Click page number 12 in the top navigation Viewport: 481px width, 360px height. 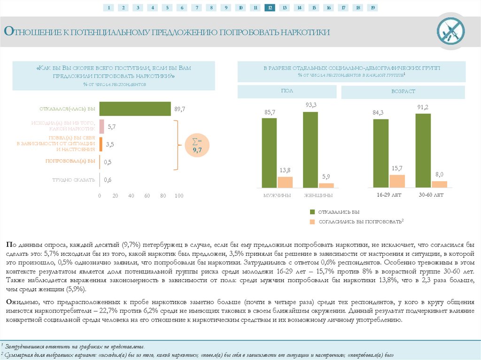(270, 8)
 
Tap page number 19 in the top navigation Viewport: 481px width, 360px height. (372, 8)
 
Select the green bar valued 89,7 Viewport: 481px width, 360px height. (135, 109)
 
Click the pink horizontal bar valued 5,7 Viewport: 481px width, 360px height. (101, 126)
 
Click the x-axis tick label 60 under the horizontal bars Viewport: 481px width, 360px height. (147, 196)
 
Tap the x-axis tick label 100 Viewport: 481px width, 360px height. (179, 196)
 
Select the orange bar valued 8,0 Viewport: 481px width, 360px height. (440, 184)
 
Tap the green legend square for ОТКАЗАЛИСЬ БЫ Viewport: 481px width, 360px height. (311, 212)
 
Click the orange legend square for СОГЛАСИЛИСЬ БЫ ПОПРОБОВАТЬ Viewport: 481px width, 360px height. (311, 221)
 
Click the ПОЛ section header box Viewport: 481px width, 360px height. (287, 92)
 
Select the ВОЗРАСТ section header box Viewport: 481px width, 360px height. (403, 92)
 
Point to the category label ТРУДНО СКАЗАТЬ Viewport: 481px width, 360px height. (74, 180)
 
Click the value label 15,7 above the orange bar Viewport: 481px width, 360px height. (397, 168)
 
